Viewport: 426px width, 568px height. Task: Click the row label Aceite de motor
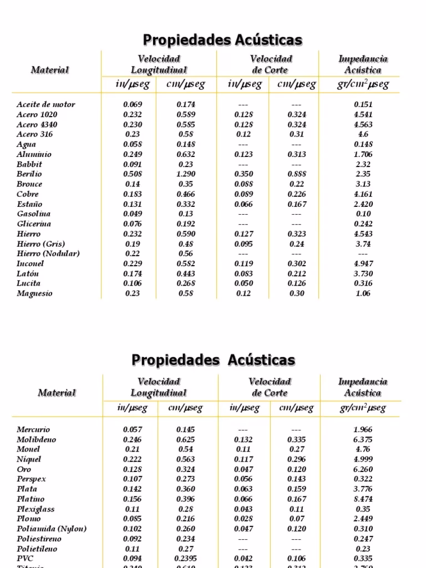click(45, 104)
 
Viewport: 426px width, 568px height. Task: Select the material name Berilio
click(29, 174)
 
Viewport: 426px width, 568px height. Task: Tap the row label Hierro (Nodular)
click(48, 253)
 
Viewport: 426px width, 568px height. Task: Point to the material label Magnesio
click(34, 293)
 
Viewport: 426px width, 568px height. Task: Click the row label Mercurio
click(33, 429)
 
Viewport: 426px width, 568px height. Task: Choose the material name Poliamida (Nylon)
click(52, 529)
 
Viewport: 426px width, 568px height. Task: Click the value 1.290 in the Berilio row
click(186, 174)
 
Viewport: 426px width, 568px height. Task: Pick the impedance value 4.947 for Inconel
click(363, 263)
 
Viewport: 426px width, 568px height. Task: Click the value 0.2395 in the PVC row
click(186, 559)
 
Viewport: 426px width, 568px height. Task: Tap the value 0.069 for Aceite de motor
click(133, 104)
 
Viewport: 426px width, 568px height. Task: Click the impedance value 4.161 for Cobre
click(363, 194)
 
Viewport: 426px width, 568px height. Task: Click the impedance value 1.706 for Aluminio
click(363, 154)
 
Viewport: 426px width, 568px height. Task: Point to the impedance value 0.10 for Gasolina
click(363, 214)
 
